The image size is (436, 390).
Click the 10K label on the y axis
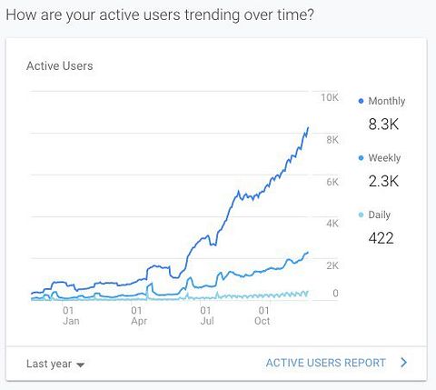330,97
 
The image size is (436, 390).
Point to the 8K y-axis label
332,140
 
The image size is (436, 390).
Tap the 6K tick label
332,182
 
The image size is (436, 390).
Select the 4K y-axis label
332,224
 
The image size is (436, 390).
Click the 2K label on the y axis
332,265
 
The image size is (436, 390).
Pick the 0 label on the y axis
335,293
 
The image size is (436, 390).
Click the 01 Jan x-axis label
71,315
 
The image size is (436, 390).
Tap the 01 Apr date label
139,315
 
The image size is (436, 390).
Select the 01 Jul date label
207,315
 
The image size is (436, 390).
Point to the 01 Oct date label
263,315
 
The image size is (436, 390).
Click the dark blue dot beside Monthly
361,101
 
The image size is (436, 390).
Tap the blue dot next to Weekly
361,158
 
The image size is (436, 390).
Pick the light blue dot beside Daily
361,215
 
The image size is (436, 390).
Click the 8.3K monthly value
383,125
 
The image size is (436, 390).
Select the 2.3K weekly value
383,181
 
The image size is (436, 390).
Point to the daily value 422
381,238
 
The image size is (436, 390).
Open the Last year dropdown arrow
80,365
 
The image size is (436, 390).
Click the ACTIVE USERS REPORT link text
326,363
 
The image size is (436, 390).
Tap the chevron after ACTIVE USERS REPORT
403,363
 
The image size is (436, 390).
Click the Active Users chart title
60,65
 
